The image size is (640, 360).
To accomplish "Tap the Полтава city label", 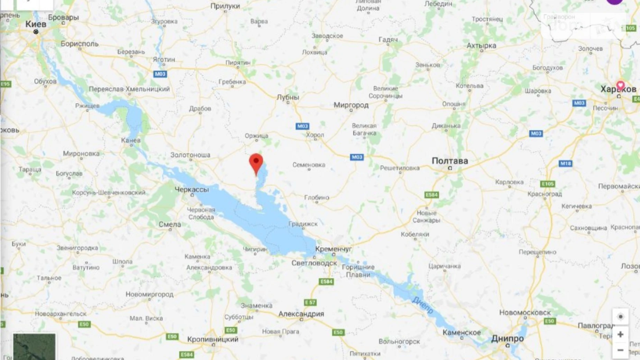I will click(x=450, y=161).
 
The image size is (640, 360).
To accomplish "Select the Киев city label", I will click(x=36, y=24).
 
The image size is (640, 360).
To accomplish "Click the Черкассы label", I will click(x=192, y=190).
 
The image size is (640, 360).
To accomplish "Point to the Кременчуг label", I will click(x=333, y=249).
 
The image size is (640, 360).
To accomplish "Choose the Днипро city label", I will click(x=507, y=339).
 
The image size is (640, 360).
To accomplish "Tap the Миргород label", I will click(x=351, y=105).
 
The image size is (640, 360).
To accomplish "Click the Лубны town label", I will click(x=288, y=97).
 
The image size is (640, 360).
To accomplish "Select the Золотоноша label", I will click(x=190, y=155).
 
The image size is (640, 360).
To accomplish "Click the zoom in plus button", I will click(x=620, y=334).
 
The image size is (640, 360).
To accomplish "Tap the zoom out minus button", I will click(x=620, y=350).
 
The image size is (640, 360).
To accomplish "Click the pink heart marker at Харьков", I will click(x=620, y=85).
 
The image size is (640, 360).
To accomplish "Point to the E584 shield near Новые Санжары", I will click(x=431, y=195).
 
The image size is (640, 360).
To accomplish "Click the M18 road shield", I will click(x=565, y=163).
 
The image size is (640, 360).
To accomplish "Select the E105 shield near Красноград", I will click(x=547, y=184).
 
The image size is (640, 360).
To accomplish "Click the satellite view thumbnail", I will click(x=34, y=346).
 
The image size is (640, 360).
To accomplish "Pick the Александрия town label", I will click(x=301, y=314).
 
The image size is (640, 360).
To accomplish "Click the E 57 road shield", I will click(x=310, y=303).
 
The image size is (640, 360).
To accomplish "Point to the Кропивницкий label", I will click(x=213, y=339).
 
